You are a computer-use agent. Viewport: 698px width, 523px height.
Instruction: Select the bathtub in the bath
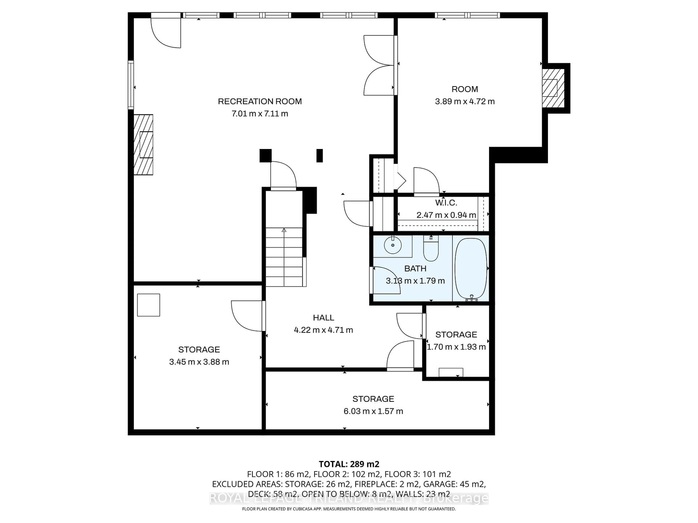470,269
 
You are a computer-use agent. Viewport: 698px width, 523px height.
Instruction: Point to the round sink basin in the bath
393,245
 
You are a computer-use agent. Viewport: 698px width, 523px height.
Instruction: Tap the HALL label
323,318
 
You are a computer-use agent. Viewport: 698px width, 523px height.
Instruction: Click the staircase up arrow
284,230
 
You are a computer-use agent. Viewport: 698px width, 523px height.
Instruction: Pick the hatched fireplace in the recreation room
144,144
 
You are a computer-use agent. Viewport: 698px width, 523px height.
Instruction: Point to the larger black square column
265,155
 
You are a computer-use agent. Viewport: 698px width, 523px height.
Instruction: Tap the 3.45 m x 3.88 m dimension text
199,362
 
